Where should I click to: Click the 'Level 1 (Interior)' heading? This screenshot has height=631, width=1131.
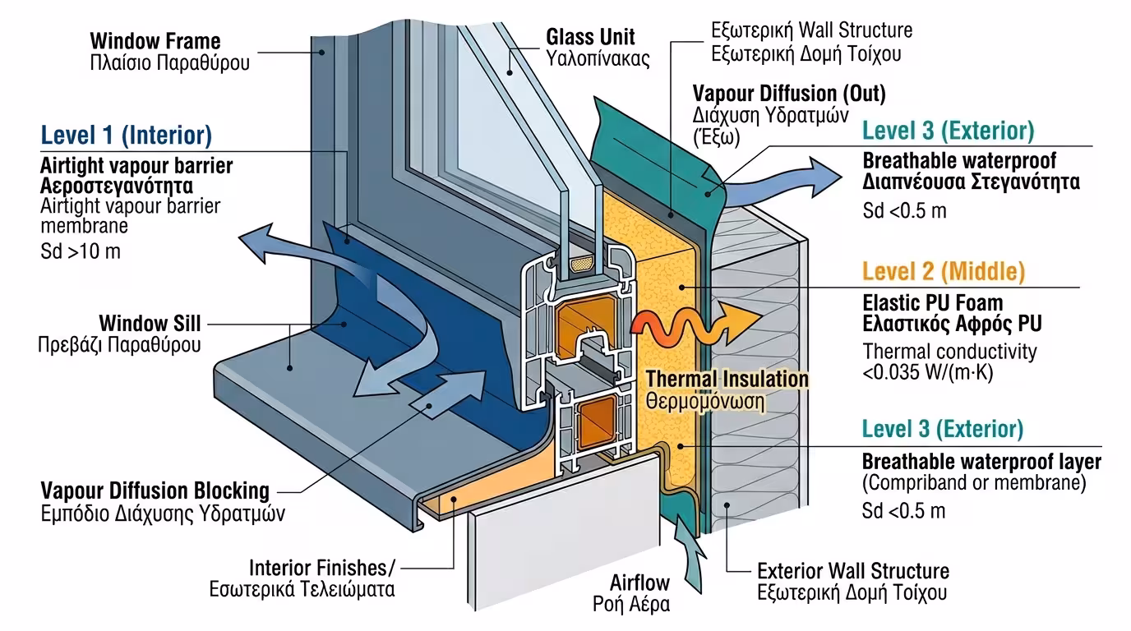[x=127, y=135]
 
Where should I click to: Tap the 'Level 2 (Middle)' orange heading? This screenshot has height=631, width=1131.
[x=944, y=271]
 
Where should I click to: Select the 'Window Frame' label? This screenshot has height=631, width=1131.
[x=155, y=40]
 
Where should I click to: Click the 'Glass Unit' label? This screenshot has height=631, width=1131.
[x=590, y=37]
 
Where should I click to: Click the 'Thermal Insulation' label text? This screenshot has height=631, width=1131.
[x=727, y=379]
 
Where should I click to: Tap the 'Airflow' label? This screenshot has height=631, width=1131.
[x=640, y=583]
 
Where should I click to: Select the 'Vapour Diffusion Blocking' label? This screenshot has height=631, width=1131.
[x=155, y=491]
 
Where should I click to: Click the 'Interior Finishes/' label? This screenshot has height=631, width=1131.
[x=322, y=568]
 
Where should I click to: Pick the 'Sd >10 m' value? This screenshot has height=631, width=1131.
[x=81, y=251]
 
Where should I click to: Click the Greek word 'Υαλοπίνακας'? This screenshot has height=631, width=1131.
[x=598, y=59]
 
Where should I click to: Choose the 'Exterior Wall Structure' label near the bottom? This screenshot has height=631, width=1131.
[x=852, y=570]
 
